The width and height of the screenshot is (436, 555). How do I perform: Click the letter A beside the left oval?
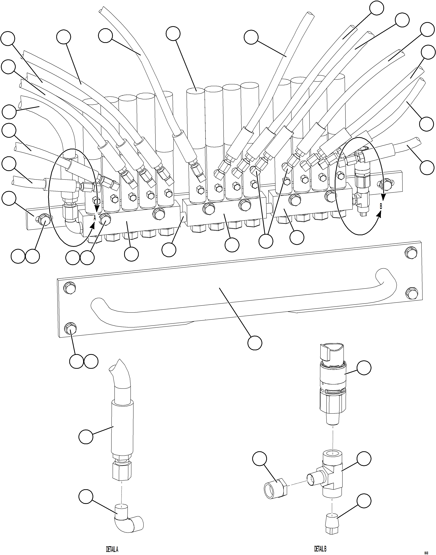pyautogui.click(x=94, y=218)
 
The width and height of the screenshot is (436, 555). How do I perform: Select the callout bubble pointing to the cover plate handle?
pyautogui.click(x=255, y=343)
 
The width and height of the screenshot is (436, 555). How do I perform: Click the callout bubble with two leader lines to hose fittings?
pyautogui.click(x=266, y=241)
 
